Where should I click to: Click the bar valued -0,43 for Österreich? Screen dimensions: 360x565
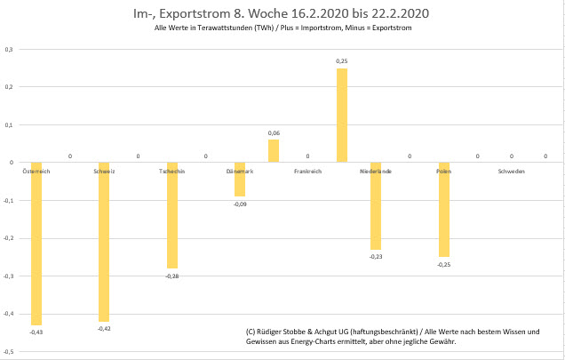(x=36, y=243)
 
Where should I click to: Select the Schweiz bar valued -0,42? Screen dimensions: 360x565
(x=104, y=241)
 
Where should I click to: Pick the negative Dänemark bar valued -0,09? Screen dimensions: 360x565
(x=240, y=179)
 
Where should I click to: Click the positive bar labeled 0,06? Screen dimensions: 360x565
(x=274, y=151)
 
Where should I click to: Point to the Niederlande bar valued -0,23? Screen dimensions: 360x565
(x=376, y=205)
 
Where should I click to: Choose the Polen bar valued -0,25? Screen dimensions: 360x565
(x=443, y=209)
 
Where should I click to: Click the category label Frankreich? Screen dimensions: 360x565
(x=307, y=171)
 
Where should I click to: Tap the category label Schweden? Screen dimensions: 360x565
(x=511, y=171)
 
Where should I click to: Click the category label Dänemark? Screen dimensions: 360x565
(x=239, y=171)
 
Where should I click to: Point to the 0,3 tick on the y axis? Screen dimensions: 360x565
(x=8, y=50)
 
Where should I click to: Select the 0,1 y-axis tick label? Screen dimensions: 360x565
(x=8, y=125)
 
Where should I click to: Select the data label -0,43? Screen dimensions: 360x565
(x=36, y=332)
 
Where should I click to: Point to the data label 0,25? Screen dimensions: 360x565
(x=341, y=61)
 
